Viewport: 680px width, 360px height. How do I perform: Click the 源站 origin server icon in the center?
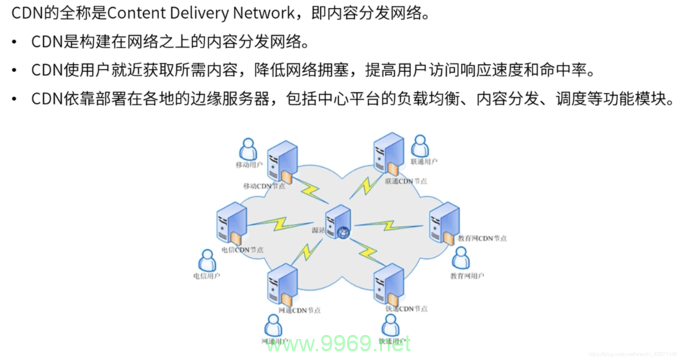(x=337, y=221)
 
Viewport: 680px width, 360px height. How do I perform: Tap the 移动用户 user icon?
(x=248, y=149)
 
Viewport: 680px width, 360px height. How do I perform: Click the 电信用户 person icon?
(x=207, y=261)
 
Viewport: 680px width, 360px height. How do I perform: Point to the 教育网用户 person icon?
(x=461, y=258)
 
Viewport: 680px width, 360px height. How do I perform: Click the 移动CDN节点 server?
(x=281, y=163)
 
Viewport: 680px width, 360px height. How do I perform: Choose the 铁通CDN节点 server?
(x=389, y=285)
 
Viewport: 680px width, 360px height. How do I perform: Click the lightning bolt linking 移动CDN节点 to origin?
(x=311, y=191)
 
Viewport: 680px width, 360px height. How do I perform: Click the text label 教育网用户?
(x=467, y=276)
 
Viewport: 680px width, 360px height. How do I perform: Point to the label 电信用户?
(x=207, y=276)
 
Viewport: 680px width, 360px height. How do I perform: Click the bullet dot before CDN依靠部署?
(x=14, y=99)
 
